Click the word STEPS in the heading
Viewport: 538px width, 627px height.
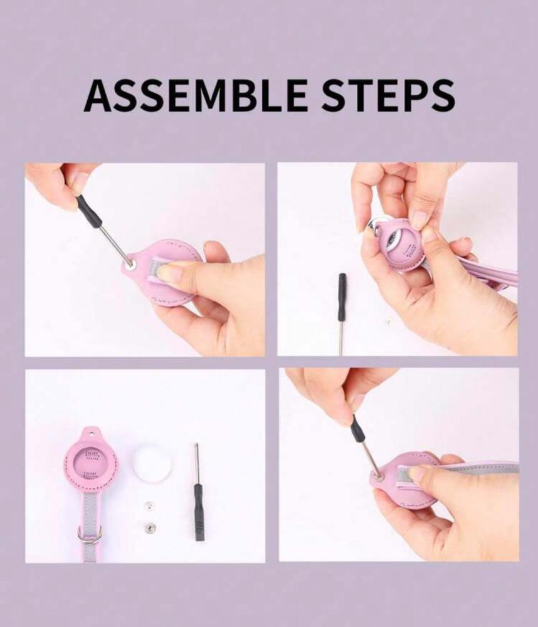(x=388, y=95)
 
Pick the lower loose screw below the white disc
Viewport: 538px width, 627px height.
(x=150, y=529)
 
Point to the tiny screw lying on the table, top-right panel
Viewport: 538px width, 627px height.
(x=388, y=320)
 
